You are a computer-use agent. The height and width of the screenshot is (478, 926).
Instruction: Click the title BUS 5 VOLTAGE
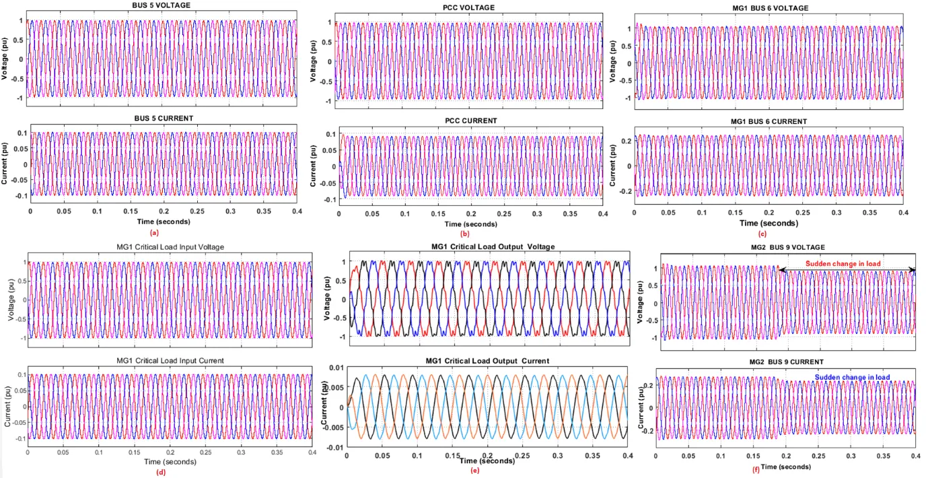(163, 5)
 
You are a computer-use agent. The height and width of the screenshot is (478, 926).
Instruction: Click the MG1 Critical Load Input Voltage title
(170, 247)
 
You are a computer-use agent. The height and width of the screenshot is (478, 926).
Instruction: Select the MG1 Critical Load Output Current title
(487, 361)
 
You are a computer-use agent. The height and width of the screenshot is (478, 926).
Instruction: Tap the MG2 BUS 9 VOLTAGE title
(787, 247)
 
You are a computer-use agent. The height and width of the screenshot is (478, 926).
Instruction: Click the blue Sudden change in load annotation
(852, 377)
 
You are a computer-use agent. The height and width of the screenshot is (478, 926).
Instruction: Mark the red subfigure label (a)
(154, 233)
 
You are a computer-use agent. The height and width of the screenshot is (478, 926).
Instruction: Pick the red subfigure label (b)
(464, 233)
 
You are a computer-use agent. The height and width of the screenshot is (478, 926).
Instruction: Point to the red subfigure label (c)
(762, 234)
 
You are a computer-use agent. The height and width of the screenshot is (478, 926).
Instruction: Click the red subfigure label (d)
(160, 471)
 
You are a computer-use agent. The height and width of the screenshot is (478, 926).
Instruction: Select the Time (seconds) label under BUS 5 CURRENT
(164, 221)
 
